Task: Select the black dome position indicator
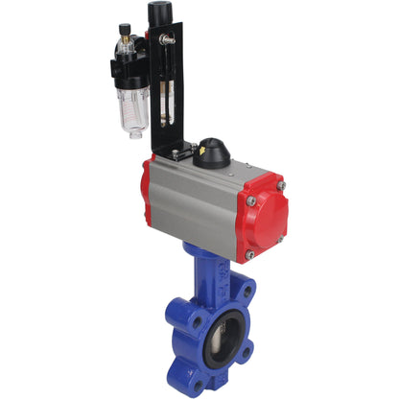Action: click(x=213, y=152)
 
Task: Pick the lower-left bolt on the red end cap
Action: click(x=249, y=254)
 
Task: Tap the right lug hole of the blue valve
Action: click(x=246, y=351)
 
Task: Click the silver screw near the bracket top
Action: click(x=166, y=39)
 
